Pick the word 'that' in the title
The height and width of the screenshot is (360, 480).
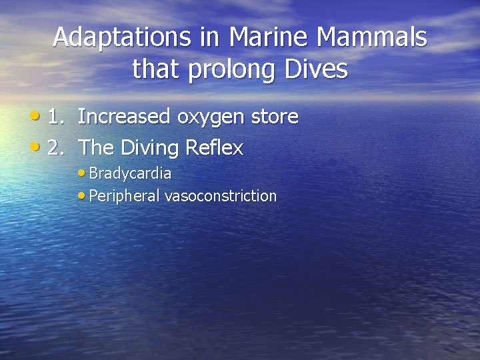pos(155,69)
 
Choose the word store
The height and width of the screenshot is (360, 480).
pos(275,117)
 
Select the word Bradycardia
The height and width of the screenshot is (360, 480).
pos(130,174)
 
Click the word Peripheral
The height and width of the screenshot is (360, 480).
pos(124,196)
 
